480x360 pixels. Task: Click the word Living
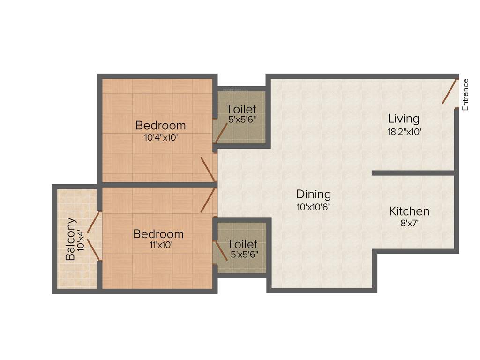(x=403, y=119)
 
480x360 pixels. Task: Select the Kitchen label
(x=409, y=211)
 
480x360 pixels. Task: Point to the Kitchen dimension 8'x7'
(x=409, y=224)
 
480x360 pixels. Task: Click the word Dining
(x=314, y=194)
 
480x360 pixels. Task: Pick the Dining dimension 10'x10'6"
(x=314, y=207)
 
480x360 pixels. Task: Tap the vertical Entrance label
(x=465, y=95)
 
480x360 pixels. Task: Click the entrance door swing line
(x=450, y=91)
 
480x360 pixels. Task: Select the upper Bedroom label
(x=160, y=126)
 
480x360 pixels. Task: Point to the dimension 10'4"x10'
(x=160, y=138)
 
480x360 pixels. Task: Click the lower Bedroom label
(x=158, y=233)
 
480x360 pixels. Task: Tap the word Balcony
(x=70, y=239)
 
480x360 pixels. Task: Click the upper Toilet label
(x=241, y=109)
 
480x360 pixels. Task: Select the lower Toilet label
(x=242, y=244)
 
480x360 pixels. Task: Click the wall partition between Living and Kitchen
(x=412, y=173)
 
